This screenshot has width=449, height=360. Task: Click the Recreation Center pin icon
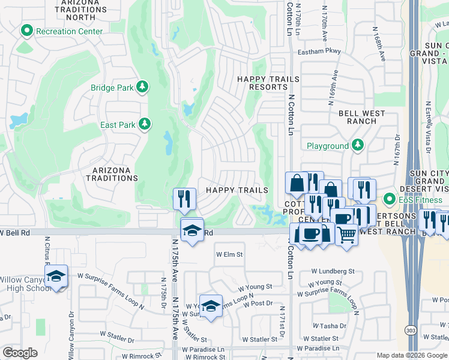point(26,31)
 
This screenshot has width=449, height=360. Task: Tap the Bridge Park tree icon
point(143,88)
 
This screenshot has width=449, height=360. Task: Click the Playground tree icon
point(358,145)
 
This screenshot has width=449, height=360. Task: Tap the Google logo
point(20,353)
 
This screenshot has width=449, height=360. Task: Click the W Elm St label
point(229,254)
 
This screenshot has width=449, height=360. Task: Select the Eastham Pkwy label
point(319,52)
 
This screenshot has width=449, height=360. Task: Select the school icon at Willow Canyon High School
point(56,276)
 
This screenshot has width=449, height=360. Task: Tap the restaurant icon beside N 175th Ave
point(185,197)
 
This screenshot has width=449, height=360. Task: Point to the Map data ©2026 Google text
point(412,355)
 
